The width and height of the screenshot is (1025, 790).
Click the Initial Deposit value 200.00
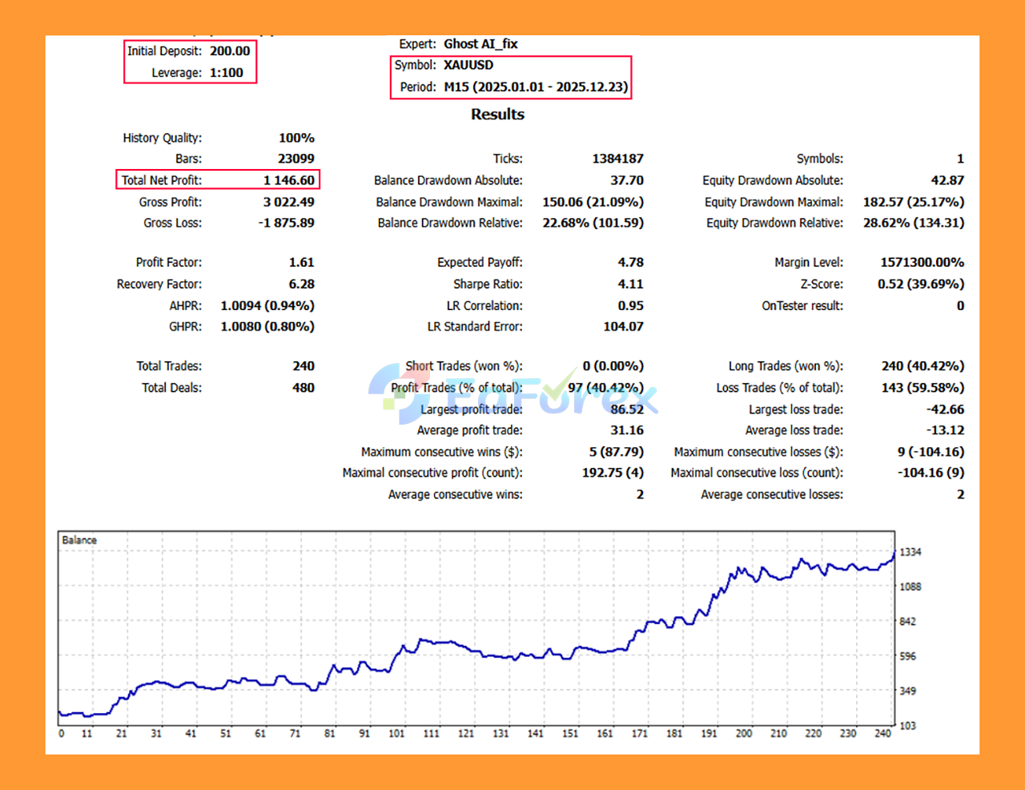coord(230,51)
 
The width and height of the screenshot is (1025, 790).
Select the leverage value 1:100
coord(227,73)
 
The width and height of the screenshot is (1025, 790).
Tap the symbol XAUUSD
coord(468,65)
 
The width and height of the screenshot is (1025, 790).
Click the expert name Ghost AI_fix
coord(480,44)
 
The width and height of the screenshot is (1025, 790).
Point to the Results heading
coord(497,115)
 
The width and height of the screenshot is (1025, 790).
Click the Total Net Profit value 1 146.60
coord(289,180)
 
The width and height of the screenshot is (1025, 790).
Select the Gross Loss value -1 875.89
coord(287,223)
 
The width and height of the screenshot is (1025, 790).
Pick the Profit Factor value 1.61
coord(302,262)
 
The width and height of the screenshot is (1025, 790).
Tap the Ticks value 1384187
coord(617,159)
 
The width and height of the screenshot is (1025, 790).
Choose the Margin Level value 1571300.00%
coord(922,262)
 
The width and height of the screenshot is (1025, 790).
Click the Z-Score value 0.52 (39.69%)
coord(921,284)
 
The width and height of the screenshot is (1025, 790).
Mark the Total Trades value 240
coord(303,366)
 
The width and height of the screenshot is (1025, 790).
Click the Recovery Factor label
coord(159,284)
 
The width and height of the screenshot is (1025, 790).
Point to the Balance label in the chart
coord(79,540)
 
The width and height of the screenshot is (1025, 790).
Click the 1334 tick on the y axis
coord(910,552)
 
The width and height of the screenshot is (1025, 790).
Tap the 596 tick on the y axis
coord(908,656)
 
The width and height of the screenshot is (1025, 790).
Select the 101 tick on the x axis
coord(396,733)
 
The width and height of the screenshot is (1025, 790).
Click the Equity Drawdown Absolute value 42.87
coord(947,180)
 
